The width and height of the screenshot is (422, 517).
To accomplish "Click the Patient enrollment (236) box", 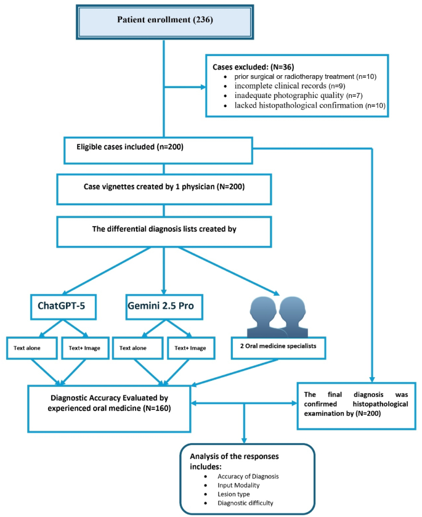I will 164,20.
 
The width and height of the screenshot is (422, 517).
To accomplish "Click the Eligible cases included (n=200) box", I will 158,149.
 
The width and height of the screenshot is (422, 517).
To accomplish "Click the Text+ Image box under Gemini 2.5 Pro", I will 191,348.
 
